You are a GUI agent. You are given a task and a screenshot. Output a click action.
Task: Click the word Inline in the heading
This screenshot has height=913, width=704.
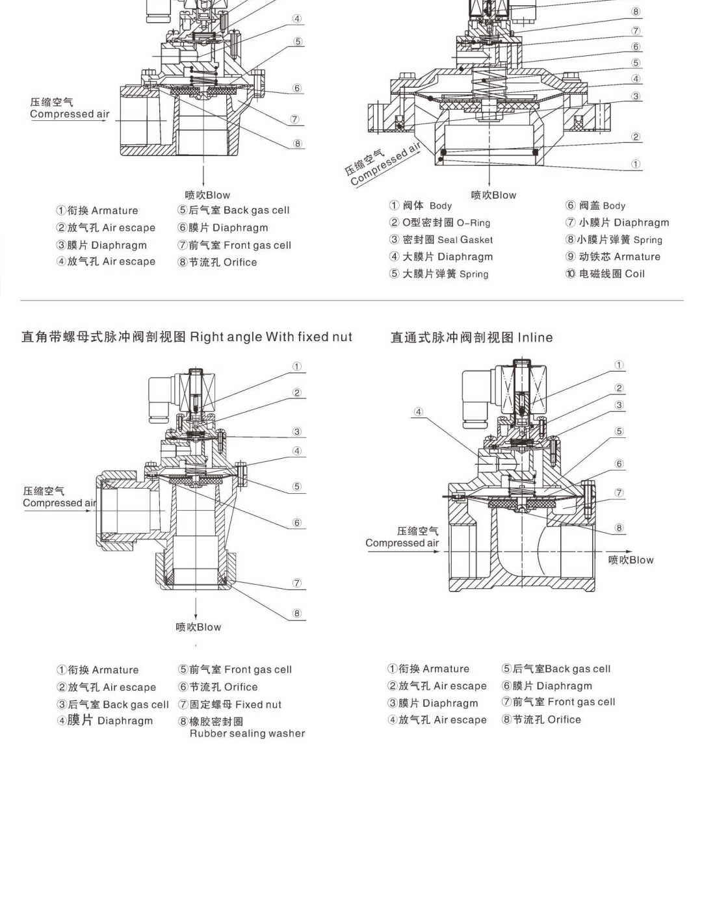[x=535, y=337]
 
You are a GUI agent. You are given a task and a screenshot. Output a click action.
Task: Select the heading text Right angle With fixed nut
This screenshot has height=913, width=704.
[x=270, y=337]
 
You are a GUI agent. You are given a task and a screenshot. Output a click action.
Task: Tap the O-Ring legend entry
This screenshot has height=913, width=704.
[x=440, y=223]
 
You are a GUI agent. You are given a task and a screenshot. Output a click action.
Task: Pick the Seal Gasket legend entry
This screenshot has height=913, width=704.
[x=441, y=240]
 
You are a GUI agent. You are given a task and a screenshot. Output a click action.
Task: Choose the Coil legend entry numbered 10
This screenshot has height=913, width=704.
[x=605, y=274]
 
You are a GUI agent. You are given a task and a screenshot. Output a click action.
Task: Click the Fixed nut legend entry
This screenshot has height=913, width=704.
[x=230, y=704]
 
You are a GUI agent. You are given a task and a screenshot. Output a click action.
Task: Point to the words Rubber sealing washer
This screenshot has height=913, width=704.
[x=247, y=734]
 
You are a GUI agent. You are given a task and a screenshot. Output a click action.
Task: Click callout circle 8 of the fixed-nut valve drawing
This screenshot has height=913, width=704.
[x=297, y=613]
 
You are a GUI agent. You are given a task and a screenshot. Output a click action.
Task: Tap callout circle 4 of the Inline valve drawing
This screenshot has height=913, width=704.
[x=419, y=411]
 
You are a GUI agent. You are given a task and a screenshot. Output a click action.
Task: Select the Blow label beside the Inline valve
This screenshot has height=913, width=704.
[x=631, y=559]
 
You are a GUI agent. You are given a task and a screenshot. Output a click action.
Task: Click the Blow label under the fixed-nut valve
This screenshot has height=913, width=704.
[x=199, y=627]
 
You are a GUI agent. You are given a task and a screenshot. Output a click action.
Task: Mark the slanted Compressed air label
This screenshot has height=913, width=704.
[x=382, y=165]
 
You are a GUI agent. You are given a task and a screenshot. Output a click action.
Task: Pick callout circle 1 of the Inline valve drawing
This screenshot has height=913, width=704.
[x=619, y=365]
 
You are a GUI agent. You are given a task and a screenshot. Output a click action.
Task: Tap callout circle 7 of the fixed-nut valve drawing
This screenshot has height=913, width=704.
[x=297, y=583]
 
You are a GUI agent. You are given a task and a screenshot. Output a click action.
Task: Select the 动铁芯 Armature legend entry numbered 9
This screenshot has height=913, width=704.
[x=613, y=257]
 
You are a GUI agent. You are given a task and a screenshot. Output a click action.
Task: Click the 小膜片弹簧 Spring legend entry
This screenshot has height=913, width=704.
[x=614, y=240]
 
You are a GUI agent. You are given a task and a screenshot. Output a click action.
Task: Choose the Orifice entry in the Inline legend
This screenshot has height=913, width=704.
[x=541, y=719]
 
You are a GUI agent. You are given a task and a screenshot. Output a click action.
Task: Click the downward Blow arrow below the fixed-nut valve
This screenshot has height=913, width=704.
[x=196, y=610]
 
